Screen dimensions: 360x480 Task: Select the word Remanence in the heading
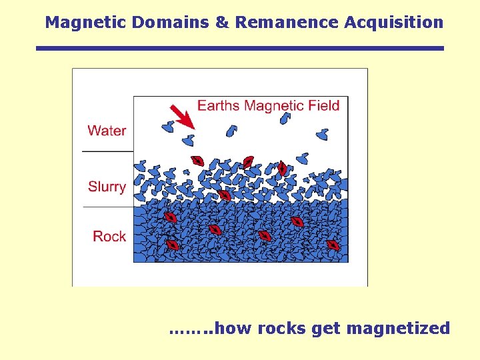pyautogui.click(x=287, y=22)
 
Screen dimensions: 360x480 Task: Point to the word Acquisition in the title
pyautogui.click(x=393, y=22)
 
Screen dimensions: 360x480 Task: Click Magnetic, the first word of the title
pyautogui.click(x=86, y=22)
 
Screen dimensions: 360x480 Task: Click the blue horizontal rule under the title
pyautogui.click(x=239, y=48)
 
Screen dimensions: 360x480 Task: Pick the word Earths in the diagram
pyautogui.click(x=219, y=105)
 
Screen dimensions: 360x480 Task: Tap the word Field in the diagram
pyautogui.click(x=325, y=105)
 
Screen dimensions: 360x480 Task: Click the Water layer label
pyautogui.click(x=107, y=131)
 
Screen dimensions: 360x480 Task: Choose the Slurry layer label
pyautogui.click(x=107, y=187)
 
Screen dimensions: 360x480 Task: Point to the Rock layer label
pyautogui.click(x=109, y=236)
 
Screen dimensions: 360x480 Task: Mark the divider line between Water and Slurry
pyautogui.click(x=107, y=151)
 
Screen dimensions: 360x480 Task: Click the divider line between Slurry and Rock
pyautogui.click(x=107, y=207)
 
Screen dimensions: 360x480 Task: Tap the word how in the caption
pyautogui.click(x=234, y=328)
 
